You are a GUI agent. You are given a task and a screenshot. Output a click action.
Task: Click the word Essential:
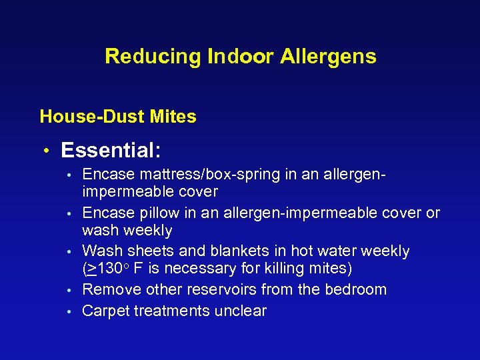pyautogui.click(x=111, y=149)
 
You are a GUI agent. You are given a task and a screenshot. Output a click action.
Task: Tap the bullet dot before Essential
pyautogui.click(x=48, y=151)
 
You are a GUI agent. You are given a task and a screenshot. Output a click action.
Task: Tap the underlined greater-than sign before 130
pyautogui.click(x=91, y=269)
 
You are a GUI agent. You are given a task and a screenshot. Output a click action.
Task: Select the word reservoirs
pyautogui.click(x=223, y=290)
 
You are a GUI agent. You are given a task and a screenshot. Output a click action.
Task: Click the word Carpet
pyautogui.click(x=105, y=311)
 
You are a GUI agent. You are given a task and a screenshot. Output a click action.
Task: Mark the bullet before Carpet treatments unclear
pyautogui.click(x=69, y=311)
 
